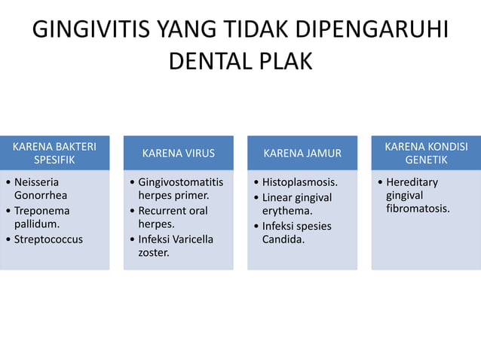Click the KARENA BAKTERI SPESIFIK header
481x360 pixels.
[x=54, y=153]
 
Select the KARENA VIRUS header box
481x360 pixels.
[x=178, y=153]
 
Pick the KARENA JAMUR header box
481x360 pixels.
[x=302, y=153]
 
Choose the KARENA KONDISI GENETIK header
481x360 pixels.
[x=425, y=153]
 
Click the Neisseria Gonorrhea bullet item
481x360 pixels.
[x=45, y=188]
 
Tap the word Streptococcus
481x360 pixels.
[x=49, y=239]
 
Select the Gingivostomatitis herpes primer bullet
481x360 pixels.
[x=179, y=188]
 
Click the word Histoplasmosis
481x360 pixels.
[x=299, y=182]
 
